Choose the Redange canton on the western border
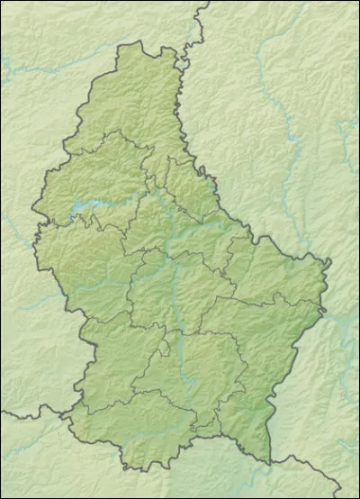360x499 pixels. point(81,270)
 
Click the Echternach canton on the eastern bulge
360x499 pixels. point(270,270)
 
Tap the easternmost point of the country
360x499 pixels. point(330,262)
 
